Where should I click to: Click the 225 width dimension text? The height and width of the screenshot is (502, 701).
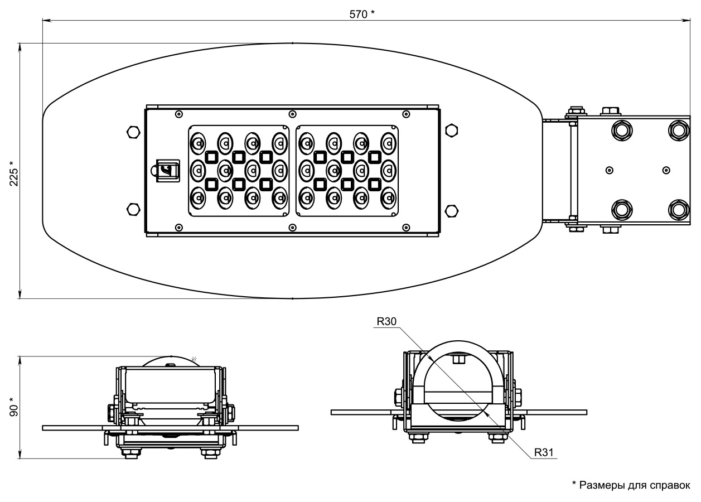point(13,172)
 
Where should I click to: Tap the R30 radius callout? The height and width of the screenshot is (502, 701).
point(386,321)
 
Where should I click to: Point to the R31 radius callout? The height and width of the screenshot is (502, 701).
point(544,452)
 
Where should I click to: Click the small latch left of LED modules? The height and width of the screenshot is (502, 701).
point(167,170)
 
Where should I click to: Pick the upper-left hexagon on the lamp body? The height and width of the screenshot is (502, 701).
point(133,132)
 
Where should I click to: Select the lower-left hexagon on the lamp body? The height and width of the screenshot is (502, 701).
point(133,209)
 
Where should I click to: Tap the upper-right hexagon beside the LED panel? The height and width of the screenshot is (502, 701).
point(452,131)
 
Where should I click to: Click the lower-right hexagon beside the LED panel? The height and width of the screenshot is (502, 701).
point(452,210)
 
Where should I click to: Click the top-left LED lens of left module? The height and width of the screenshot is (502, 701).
point(197,142)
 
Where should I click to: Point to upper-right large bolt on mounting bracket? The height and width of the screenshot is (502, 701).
point(678,129)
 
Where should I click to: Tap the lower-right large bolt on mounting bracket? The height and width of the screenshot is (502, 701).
point(678,210)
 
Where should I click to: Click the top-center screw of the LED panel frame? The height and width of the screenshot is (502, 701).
point(292,114)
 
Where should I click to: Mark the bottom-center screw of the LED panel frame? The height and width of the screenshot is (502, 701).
point(292,228)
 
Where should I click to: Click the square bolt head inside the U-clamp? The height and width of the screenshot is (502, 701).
point(458,359)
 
